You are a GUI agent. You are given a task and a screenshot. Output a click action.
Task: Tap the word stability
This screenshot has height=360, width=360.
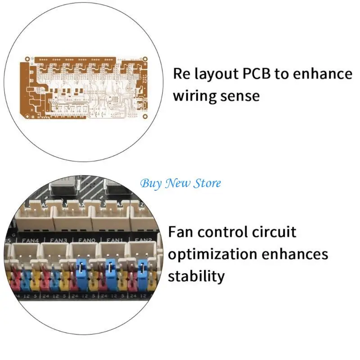point(196,275)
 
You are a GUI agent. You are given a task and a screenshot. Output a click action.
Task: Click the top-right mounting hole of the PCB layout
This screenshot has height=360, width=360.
point(145,58)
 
